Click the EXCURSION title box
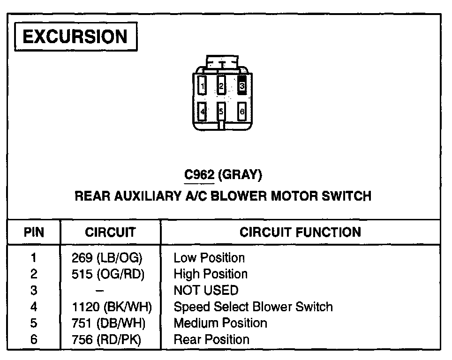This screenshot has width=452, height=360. point(75,37)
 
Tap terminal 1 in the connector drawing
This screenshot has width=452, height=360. point(202,86)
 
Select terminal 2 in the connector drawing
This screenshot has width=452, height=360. point(222,86)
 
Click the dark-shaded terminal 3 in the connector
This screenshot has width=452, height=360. point(242,86)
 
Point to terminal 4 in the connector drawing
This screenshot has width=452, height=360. point(202,112)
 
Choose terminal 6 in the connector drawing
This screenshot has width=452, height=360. point(242,112)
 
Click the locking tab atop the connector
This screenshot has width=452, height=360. point(222,62)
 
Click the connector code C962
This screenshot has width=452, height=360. point(199,175)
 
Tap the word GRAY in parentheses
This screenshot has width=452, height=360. point(240,175)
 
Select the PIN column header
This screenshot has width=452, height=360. point(34,232)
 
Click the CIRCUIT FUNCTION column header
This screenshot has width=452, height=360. point(300,232)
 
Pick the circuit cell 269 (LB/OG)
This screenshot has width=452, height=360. point(106,258)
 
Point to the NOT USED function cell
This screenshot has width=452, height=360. point(206,291)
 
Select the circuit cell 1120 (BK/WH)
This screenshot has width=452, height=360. point(112,307)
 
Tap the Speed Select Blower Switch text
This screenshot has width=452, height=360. point(253,307)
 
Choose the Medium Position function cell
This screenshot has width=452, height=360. point(220,323)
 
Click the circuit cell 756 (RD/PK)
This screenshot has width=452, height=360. point(106,339)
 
